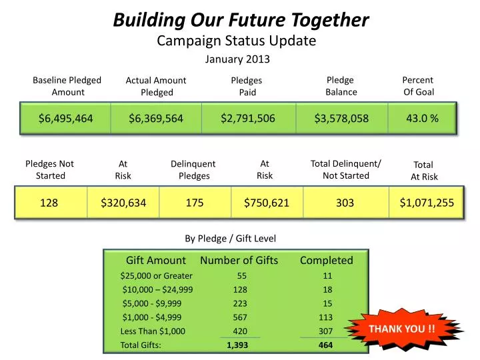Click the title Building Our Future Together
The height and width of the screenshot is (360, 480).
[241, 20]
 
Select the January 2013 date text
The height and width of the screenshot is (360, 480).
[237, 59]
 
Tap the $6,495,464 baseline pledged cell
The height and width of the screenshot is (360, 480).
[65, 119]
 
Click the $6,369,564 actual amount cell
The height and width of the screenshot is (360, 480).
[156, 119]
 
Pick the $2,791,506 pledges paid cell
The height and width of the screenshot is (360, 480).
[247, 118]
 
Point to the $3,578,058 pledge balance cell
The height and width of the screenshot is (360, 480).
[341, 119]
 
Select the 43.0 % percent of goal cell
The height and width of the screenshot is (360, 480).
[422, 118]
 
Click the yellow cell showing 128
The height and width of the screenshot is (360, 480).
[49, 202]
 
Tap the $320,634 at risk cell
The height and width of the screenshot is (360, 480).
[123, 202]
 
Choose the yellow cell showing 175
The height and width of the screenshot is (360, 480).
[195, 202]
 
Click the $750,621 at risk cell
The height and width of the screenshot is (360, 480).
[267, 202]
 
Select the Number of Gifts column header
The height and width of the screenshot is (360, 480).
[239, 260]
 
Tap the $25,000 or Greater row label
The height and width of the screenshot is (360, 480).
[156, 275]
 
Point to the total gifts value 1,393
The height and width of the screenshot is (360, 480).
[237, 345]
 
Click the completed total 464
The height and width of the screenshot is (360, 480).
[325, 345]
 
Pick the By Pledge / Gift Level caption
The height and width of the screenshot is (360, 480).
[230, 238]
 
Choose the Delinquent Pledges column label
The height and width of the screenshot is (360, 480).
[193, 170]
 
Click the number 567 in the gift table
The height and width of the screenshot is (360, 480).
[240, 317]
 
